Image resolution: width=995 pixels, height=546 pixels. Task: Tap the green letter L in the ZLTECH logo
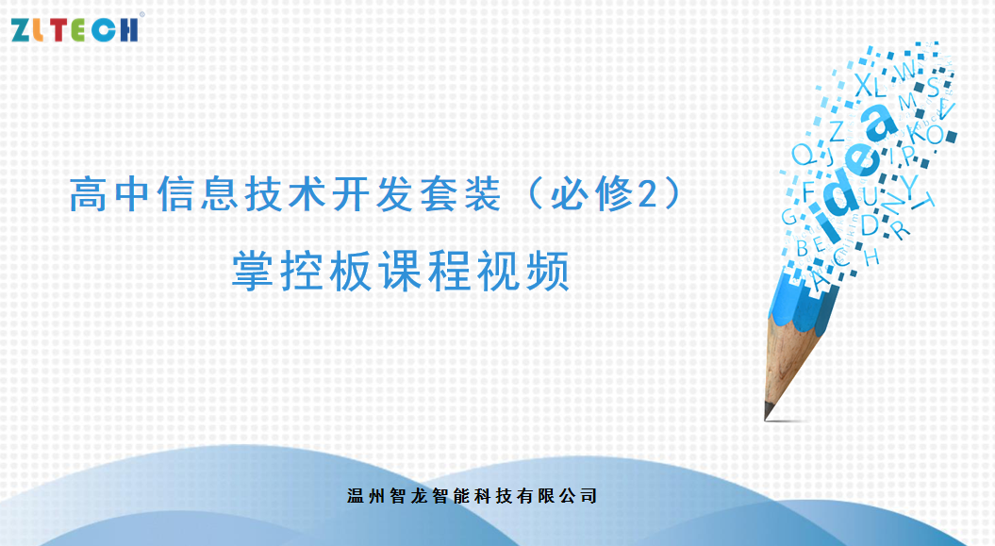(x=42, y=29)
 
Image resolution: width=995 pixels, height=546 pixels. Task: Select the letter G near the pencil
(x=788, y=216)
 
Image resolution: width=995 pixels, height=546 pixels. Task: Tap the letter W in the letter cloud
(x=904, y=71)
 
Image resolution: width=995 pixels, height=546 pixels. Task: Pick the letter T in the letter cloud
(x=926, y=200)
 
